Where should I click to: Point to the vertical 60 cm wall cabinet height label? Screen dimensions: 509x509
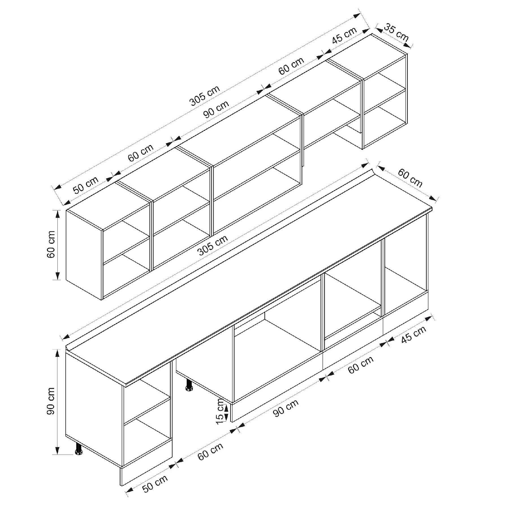[x=51, y=245]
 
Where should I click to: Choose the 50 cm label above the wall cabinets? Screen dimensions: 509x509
[x=86, y=185]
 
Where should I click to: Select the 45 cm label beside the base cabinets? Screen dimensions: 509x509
[x=413, y=335]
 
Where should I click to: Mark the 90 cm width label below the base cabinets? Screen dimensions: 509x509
[x=286, y=408]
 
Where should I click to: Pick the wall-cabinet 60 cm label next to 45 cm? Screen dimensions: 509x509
[x=291, y=66]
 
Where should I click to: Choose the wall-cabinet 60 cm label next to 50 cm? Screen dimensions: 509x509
[x=141, y=153]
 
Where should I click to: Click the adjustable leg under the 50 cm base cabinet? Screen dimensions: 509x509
[x=78, y=449]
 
